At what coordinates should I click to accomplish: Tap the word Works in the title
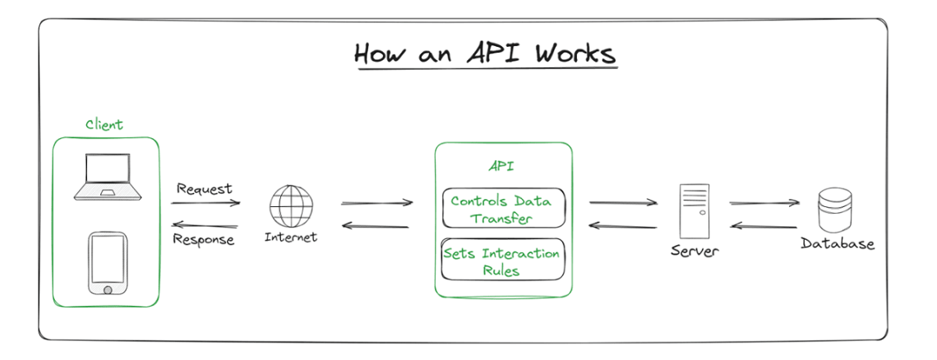click(575, 53)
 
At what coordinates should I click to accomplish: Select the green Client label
click(104, 125)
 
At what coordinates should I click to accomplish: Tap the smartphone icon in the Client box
click(107, 263)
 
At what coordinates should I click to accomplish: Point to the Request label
click(205, 189)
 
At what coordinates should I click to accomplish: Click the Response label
click(204, 240)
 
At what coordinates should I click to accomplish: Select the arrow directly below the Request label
click(206, 203)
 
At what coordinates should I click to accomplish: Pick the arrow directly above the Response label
click(205, 225)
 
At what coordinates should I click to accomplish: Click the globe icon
click(291, 205)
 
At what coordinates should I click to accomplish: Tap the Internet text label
click(290, 238)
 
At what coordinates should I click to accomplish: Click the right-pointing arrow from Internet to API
click(376, 203)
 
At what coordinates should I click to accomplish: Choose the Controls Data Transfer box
click(503, 209)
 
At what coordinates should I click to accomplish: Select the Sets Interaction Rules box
click(503, 260)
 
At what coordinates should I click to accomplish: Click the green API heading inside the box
click(501, 167)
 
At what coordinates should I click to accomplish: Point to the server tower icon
click(694, 211)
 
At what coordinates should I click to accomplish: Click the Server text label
click(694, 251)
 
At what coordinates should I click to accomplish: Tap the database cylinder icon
click(835, 210)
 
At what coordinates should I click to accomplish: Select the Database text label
click(838, 244)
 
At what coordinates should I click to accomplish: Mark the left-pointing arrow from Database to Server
click(764, 225)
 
